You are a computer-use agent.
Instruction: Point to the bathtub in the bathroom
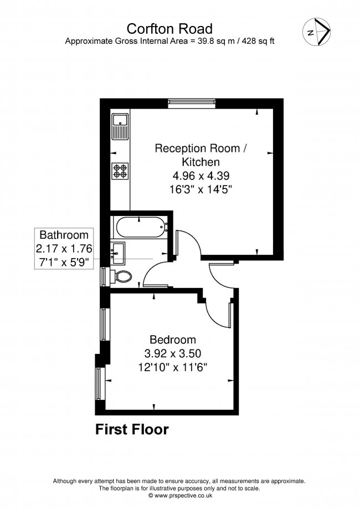click(x=138, y=227)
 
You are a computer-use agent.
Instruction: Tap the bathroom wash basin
click(x=119, y=252)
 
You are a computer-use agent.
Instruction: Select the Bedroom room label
click(x=173, y=340)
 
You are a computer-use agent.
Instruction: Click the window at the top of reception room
click(x=192, y=101)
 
